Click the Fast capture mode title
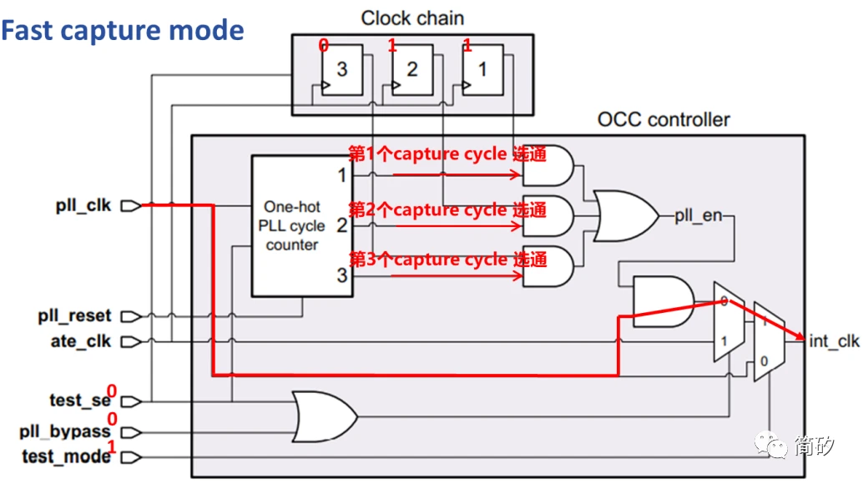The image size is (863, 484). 123,31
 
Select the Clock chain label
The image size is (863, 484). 412,18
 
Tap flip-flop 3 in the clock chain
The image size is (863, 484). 341,70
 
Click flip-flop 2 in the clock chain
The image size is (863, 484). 411,70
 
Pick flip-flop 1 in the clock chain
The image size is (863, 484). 482,70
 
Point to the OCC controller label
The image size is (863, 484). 664,119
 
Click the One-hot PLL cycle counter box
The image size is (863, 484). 301,225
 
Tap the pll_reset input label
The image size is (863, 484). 74,316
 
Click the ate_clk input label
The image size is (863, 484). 80,341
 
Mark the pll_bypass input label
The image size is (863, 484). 65,431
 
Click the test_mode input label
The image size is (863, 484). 68,456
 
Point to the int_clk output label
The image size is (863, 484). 833,340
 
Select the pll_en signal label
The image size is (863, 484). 699,215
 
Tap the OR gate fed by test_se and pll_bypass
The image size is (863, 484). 325,413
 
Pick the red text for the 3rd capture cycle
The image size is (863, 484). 447,259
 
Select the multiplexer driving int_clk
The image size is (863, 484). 768,340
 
